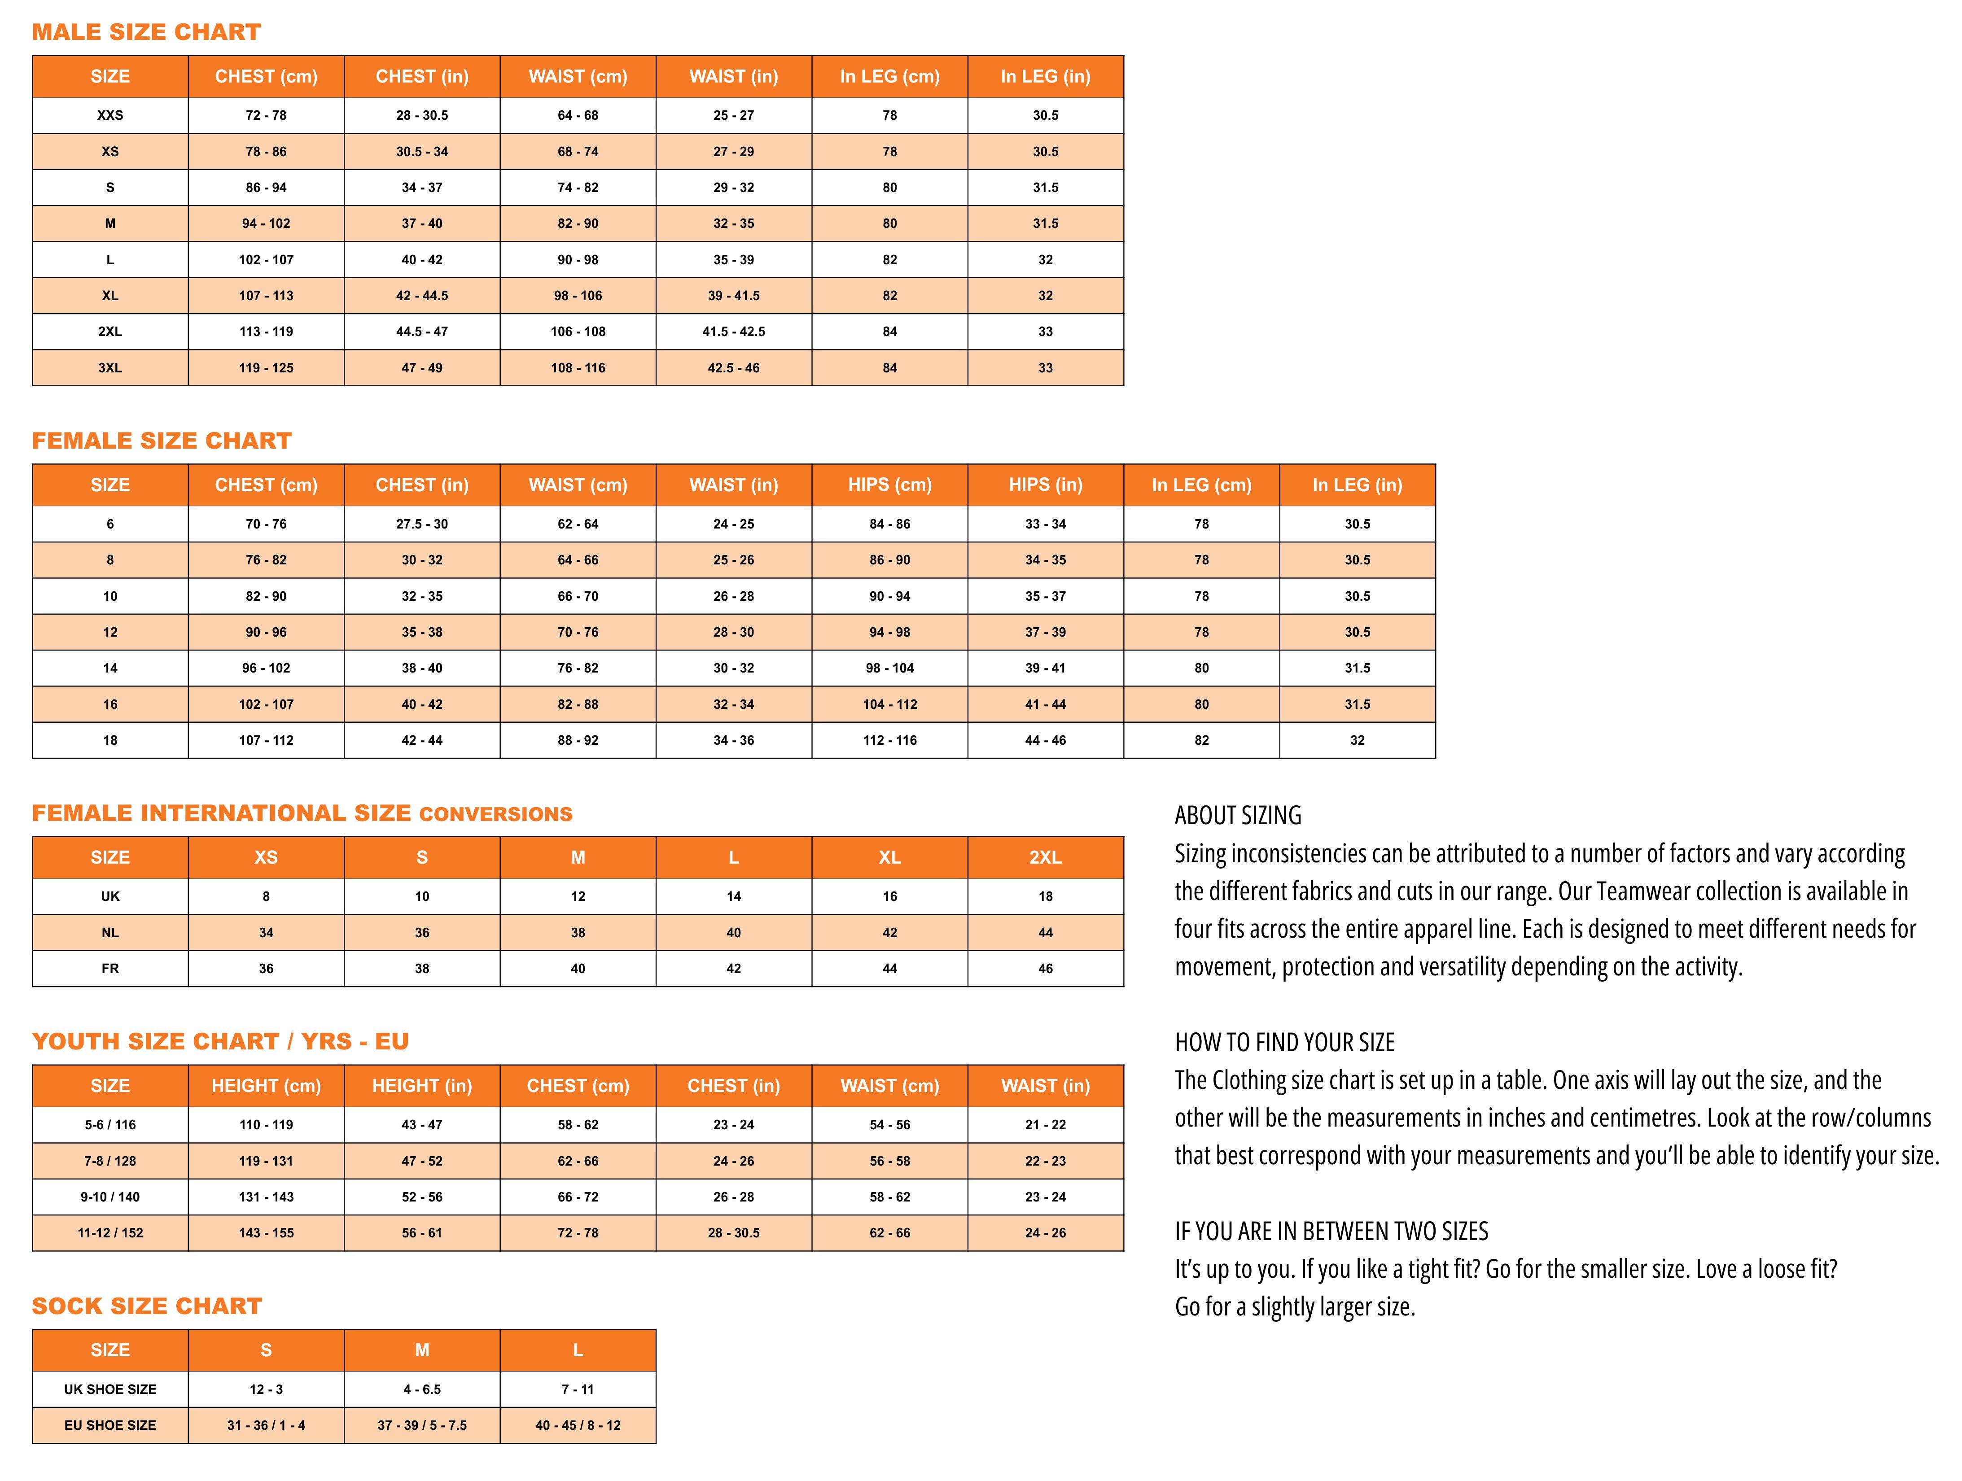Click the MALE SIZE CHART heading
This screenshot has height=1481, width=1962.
[x=146, y=33]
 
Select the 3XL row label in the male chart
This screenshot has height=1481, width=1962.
[x=110, y=368]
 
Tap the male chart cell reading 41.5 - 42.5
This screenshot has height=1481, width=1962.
[x=734, y=332]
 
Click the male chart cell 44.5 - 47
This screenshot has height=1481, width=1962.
[x=422, y=332]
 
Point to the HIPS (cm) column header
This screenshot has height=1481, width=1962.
[x=889, y=485]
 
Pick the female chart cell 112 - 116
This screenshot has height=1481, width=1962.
[x=889, y=740]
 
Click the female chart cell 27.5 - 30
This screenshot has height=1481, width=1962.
[x=422, y=524]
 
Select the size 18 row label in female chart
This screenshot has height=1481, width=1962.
[x=110, y=740]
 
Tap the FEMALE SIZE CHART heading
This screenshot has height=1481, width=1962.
[x=162, y=441]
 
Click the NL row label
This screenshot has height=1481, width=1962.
[x=110, y=933]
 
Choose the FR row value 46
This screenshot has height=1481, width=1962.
[x=1046, y=969]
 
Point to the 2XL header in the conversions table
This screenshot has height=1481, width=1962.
[x=1046, y=857]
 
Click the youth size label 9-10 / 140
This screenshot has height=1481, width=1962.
[x=110, y=1197]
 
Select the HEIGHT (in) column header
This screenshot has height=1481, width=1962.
[x=422, y=1086]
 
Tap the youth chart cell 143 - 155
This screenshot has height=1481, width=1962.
[x=266, y=1234]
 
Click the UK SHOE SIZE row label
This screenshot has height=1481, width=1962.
[x=110, y=1389]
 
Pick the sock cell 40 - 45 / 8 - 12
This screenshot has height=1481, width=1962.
[x=578, y=1426]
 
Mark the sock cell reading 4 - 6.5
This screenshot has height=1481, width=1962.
[x=422, y=1389]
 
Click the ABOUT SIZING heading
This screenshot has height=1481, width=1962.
[x=1238, y=816]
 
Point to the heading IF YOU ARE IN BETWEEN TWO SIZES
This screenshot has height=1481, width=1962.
[x=1331, y=1232]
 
